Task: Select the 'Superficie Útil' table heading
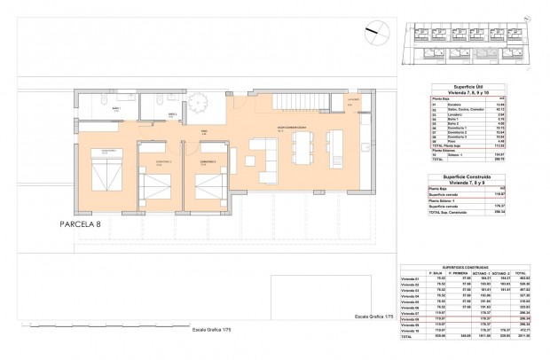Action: (x=454, y=86)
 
